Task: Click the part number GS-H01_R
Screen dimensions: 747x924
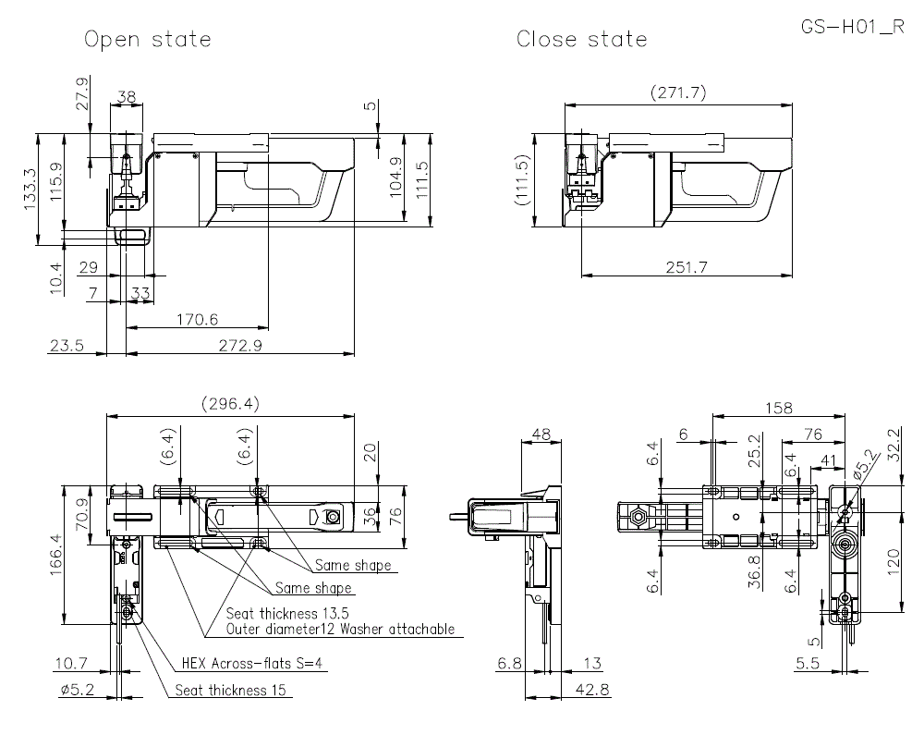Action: [x=853, y=27]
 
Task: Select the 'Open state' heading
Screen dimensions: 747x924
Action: [x=148, y=39]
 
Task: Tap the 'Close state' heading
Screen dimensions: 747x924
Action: [x=582, y=39]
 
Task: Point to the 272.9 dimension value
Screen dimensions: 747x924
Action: [x=237, y=346]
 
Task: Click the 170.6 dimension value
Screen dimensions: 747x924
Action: [x=196, y=319]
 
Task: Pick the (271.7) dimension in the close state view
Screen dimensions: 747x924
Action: [x=679, y=92]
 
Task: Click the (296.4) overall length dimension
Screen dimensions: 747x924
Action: [x=231, y=404]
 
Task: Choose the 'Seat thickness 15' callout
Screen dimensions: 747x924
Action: [x=231, y=690]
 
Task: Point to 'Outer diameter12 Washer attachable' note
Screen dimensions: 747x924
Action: [x=340, y=630]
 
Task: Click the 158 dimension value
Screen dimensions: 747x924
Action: [x=782, y=408]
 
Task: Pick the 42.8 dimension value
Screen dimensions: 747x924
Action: [x=590, y=690]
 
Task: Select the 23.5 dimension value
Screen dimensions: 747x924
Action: [x=67, y=346]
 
